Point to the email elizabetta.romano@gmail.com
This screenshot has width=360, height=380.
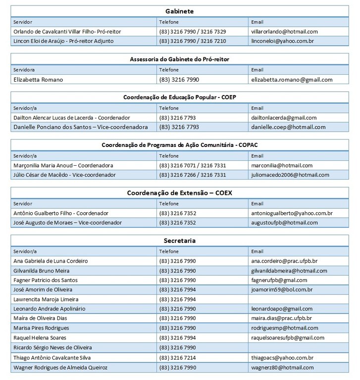tap(292, 79)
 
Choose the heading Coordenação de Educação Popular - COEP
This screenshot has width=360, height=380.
tap(180, 97)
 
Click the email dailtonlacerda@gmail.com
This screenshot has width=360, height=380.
tap(284, 118)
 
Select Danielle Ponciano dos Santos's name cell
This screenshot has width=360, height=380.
tap(80, 127)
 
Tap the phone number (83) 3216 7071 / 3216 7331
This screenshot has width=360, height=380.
tap(193, 165)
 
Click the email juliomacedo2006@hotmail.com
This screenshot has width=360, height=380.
tap(290, 175)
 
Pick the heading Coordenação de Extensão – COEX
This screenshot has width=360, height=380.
tap(180, 192)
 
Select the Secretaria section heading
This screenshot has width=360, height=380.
tap(180, 240)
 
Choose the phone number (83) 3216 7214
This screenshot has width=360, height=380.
tap(178, 357)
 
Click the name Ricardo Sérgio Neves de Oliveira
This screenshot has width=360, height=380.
tap(53, 347)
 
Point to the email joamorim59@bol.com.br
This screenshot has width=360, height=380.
tap(282, 289)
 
